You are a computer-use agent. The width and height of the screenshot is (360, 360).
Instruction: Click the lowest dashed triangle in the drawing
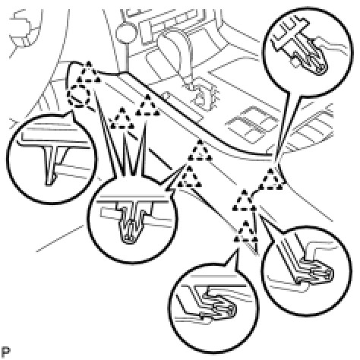(x=245, y=232)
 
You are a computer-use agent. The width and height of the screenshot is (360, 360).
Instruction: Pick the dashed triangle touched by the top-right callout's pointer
(x=272, y=179)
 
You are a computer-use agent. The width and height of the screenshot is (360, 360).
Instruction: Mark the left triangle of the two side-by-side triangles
(x=122, y=118)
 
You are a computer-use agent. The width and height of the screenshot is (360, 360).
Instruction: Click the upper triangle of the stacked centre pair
(x=200, y=150)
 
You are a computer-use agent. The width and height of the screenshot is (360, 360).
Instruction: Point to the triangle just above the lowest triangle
(x=245, y=201)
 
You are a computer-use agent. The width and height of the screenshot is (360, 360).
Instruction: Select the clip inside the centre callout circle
(x=131, y=220)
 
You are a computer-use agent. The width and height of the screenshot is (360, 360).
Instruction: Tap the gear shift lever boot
(x=175, y=48)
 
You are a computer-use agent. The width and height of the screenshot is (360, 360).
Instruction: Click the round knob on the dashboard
(x=125, y=33)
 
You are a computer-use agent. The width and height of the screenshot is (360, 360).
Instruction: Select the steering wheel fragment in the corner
(x=24, y=30)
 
